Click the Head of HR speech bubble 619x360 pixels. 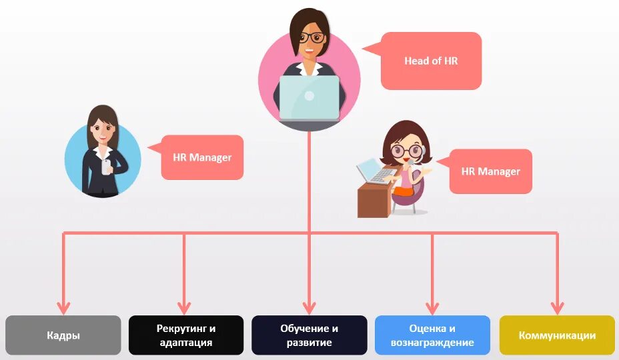pos(431,61)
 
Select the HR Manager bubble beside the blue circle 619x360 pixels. pos(202,157)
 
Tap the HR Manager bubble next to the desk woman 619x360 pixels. pos(491,171)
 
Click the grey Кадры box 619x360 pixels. pos(63,335)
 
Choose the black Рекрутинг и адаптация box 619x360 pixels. pos(186,335)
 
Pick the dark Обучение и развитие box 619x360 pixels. pos(309,335)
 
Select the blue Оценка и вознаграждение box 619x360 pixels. pos(432,335)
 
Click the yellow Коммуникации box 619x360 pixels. pos(557,335)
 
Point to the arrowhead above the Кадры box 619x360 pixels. pos(63,307)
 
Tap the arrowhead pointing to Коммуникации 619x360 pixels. pos(557,307)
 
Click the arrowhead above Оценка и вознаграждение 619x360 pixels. pos(432,307)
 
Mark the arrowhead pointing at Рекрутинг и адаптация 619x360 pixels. pos(185,307)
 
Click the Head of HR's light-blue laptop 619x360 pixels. pos(309,97)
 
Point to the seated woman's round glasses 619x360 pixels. pos(406,151)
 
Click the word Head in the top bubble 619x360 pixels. pos(416,61)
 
